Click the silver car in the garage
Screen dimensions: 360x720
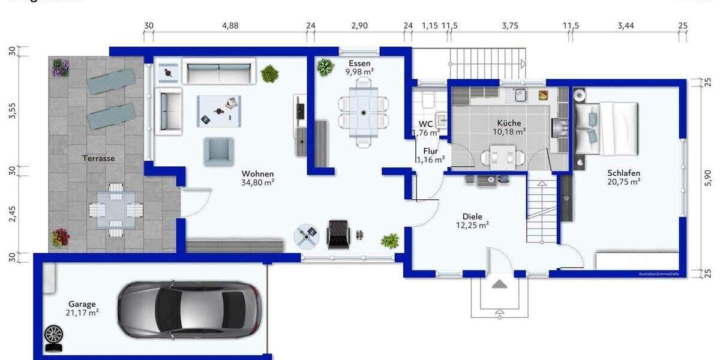[189, 310]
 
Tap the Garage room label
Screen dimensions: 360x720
[82, 304]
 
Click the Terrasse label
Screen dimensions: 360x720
[99, 158]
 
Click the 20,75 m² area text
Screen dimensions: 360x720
[623, 181]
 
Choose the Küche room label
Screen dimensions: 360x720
[509, 123]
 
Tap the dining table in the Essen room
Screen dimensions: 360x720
[363, 113]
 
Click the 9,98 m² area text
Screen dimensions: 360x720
[359, 71]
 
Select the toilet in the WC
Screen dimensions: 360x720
[428, 98]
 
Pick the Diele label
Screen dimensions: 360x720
[472, 217]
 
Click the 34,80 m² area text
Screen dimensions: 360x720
[258, 182]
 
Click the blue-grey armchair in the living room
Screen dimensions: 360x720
[218, 151]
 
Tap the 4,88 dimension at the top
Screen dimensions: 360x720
[230, 26]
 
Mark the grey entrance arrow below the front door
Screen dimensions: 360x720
[499, 283]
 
